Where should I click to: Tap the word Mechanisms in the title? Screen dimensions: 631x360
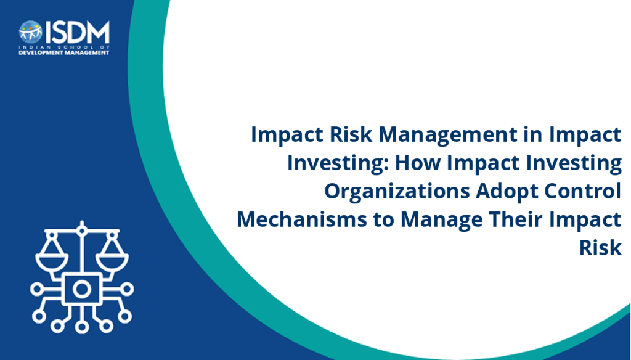(x=302, y=219)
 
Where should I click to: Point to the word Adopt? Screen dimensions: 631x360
(x=507, y=191)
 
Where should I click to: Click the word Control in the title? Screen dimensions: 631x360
(x=583, y=190)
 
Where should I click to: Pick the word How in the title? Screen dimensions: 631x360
(x=418, y=163)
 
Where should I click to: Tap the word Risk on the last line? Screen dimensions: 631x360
(x=600, y=247)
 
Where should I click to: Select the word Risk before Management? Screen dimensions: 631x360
(x=351, y=134)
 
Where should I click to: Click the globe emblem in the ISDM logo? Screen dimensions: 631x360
(x=31, y=32)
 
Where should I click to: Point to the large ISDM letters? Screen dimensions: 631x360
(x=77, y=32)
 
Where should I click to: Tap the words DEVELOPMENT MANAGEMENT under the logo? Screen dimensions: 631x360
(x=64, y=53)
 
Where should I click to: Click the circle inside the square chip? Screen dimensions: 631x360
(x=82, y=289)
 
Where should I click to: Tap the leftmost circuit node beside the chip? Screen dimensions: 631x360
(x=36, y=289)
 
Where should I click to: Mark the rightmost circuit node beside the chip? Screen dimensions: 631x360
(x=128, y=289)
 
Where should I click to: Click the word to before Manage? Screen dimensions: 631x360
(x=383, y=220)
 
